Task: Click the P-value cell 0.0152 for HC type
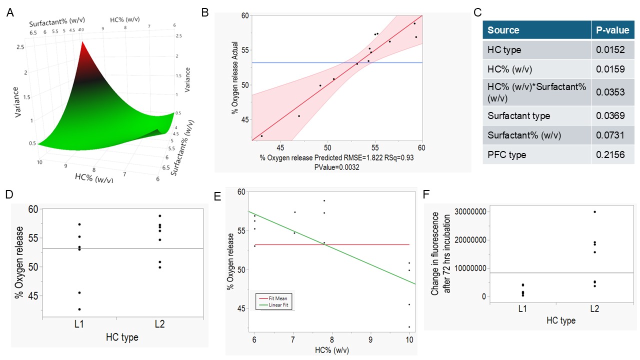click(610, 49)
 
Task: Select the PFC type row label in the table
click(506, 155)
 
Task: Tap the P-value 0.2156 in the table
click(610, 155)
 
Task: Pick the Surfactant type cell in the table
click(518, 116)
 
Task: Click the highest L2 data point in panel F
click(594, 211)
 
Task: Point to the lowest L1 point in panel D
click(79, 309)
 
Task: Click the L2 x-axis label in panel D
click(159, 325)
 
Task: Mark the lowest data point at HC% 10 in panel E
click(409, 327)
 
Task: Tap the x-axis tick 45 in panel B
click(280, 148)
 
